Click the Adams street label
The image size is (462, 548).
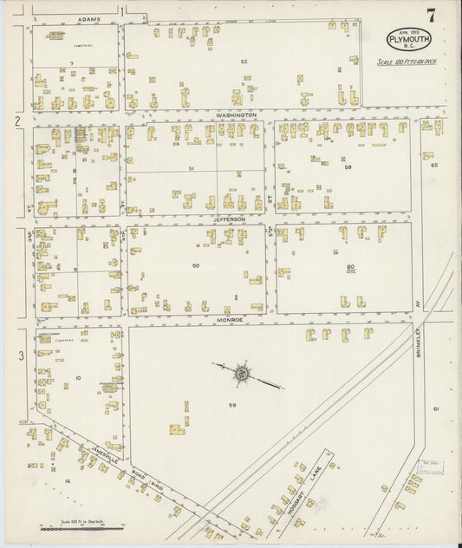click(88, 18)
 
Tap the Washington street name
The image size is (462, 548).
click(236, 114)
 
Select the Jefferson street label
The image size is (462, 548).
click(230, 220)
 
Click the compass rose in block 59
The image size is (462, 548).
click(242, 374)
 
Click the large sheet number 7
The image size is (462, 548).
click(430, 15)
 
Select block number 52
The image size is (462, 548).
click(244, 62)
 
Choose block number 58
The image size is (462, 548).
click(348, 167)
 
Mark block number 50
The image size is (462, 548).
click(196, 265)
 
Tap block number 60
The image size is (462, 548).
click(350, 266)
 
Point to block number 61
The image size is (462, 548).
click(437, 408)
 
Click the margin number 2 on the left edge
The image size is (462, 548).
click(16, 121)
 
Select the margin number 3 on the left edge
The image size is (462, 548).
click(20, 356)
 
